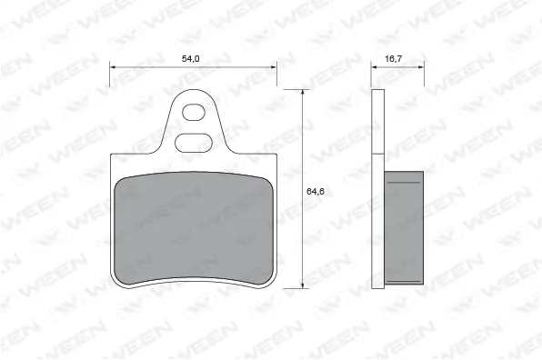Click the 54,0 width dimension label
coord(191,58)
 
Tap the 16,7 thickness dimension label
coord(393,58)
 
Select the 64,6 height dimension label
coord(315,191)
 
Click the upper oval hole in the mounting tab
coord(194,114)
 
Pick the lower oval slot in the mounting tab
coord(193,142)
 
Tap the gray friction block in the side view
coord(406,226)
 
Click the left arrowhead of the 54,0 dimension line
coord(113,65)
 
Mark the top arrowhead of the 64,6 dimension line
coord(303,93)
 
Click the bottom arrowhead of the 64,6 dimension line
coord(303,285)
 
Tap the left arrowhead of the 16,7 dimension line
coord(374,65)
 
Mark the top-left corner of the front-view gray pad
coord(121,178)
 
